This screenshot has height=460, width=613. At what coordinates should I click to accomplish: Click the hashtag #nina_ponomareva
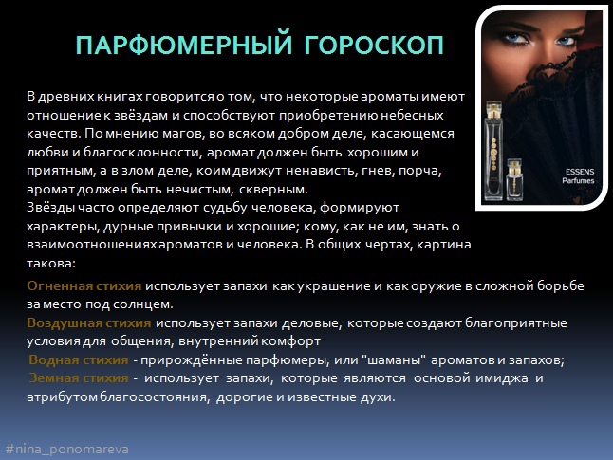pos(66,447)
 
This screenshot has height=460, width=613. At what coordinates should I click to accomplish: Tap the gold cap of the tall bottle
pos(493,107)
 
